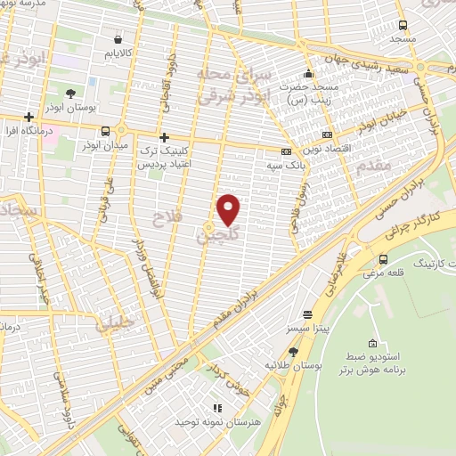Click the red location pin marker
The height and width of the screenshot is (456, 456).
tap(229, 209)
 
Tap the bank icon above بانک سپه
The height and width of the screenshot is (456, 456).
tap(285, 151)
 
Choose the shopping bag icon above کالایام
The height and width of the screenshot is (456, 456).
tap(118, 38)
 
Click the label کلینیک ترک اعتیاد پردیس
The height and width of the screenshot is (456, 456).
tap(164, 159)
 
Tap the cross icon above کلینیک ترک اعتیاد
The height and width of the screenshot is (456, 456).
tap(164, 137)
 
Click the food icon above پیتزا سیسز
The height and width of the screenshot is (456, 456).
tap(307, 314)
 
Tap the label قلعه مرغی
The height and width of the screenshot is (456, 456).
tap(383, 274)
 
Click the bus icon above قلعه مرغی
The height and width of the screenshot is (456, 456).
tap(383, 259)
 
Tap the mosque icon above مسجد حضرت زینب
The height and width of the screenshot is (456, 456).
tap(308, 73)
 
